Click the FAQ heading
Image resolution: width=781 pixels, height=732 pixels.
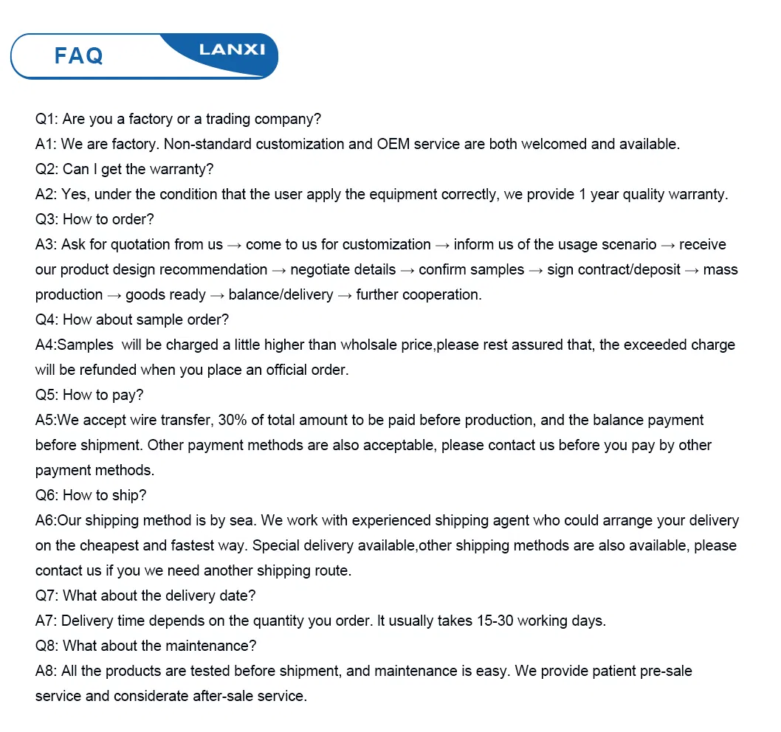point(78,55)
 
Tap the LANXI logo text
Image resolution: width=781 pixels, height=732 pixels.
point(232,49)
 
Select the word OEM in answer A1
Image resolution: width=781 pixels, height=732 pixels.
point(393,144)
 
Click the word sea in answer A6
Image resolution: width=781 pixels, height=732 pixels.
point(242,520)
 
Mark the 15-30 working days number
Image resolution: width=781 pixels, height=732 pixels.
point(490,621)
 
